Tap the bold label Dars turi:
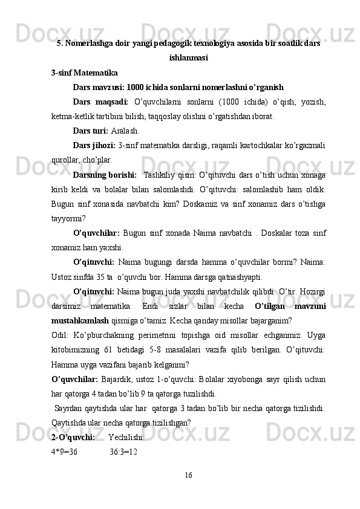pos(91,130)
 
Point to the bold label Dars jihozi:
pos(94,145)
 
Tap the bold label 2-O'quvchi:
pos(73,437)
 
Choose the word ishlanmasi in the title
pos(189,59)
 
